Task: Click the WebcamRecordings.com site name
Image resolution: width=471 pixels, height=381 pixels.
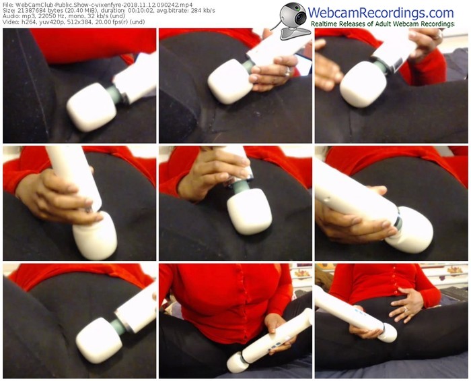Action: click(381, 13)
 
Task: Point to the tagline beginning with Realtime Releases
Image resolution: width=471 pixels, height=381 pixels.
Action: click(382, 24)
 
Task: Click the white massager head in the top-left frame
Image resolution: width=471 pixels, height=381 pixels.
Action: click(92, 107)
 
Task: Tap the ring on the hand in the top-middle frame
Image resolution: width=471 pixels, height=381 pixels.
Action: click(287, 71)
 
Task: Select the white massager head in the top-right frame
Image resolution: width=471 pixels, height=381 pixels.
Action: click(363, 84)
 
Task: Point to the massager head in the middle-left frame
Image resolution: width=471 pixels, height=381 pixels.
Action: click(95, 235)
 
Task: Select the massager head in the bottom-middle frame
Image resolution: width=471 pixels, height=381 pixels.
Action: click(238, 363)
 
